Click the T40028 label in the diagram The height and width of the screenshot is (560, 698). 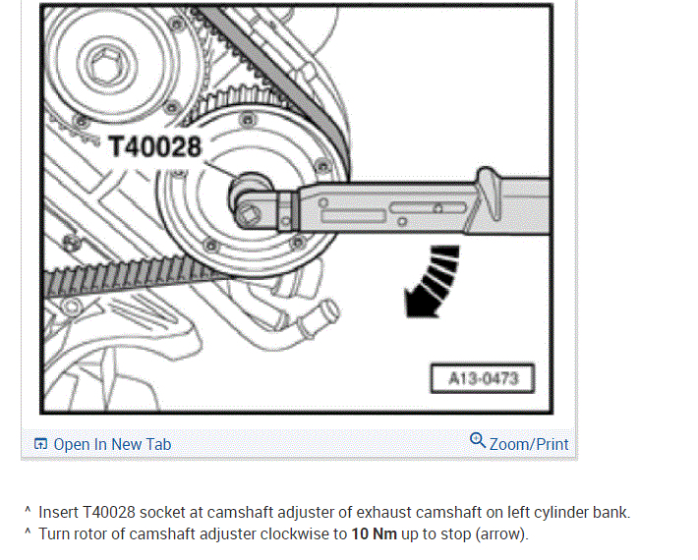pos(155,146)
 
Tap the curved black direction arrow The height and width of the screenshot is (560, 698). pos(432,283)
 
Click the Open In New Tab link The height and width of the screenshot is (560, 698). pos(112,444)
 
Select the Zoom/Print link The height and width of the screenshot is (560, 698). pos(529,444)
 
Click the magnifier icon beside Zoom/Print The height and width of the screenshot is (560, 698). pos(478,441)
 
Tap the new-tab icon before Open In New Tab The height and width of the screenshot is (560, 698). pos(40,444)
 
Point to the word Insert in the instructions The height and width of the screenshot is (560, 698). pos(58,512)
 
